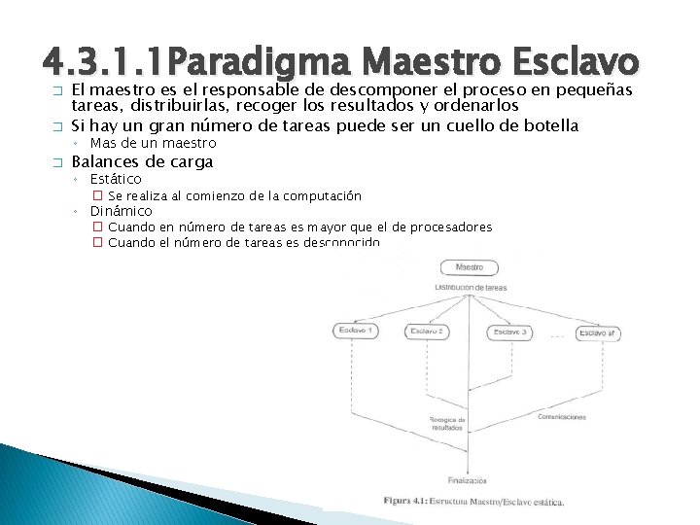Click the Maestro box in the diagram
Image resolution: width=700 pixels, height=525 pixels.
[469, 267]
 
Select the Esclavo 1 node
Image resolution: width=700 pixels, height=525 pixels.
[355, 331]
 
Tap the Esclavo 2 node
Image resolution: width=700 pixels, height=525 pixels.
[426, 332]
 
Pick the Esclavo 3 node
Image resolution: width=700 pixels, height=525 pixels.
[510, 332]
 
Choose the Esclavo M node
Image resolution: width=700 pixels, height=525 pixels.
[597, 333]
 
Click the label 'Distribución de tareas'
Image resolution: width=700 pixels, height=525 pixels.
[470, 289]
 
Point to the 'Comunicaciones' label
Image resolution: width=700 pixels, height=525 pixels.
[561, 417]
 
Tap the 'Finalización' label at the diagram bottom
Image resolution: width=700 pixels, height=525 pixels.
[468, 479]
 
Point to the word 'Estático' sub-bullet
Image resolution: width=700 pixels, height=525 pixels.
[116, 179]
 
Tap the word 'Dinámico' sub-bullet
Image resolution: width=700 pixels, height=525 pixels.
[122, 211]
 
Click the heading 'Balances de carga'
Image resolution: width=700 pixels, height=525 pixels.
[142, 161]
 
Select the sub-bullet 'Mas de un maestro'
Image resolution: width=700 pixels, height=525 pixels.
[153, 144]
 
